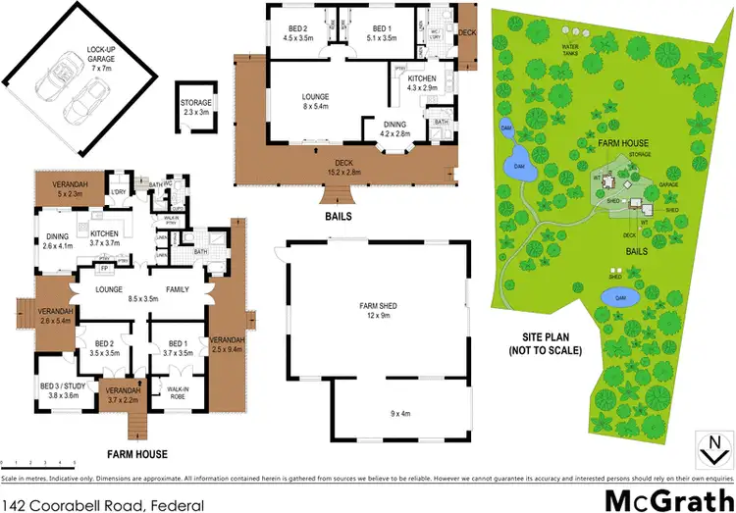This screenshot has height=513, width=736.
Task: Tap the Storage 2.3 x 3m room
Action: [x=196, y=107]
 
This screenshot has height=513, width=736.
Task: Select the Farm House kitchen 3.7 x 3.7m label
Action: [x=104, y=239]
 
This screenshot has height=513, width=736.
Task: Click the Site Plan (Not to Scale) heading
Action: [x=545, y=343]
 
